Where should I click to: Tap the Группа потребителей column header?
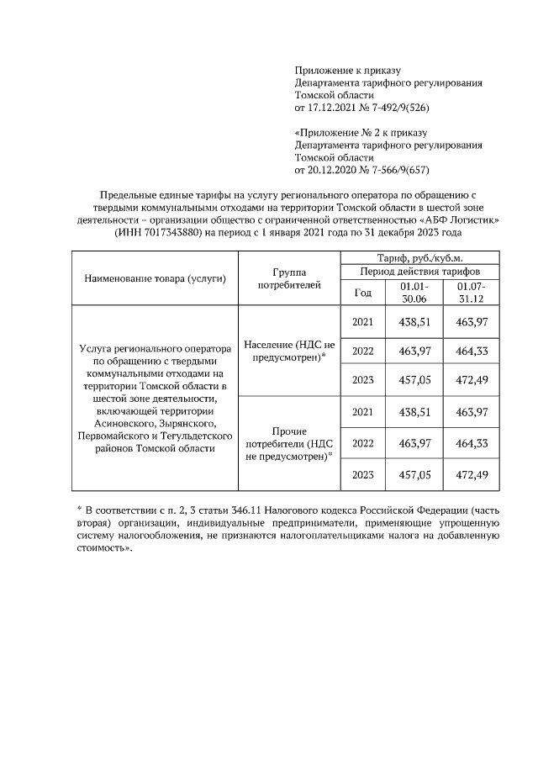point(289,278)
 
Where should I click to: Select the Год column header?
point(363,293)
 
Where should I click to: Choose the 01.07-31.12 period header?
point(472,293)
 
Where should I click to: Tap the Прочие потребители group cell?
point(289,442)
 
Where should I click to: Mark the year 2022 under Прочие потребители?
point(363,442)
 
